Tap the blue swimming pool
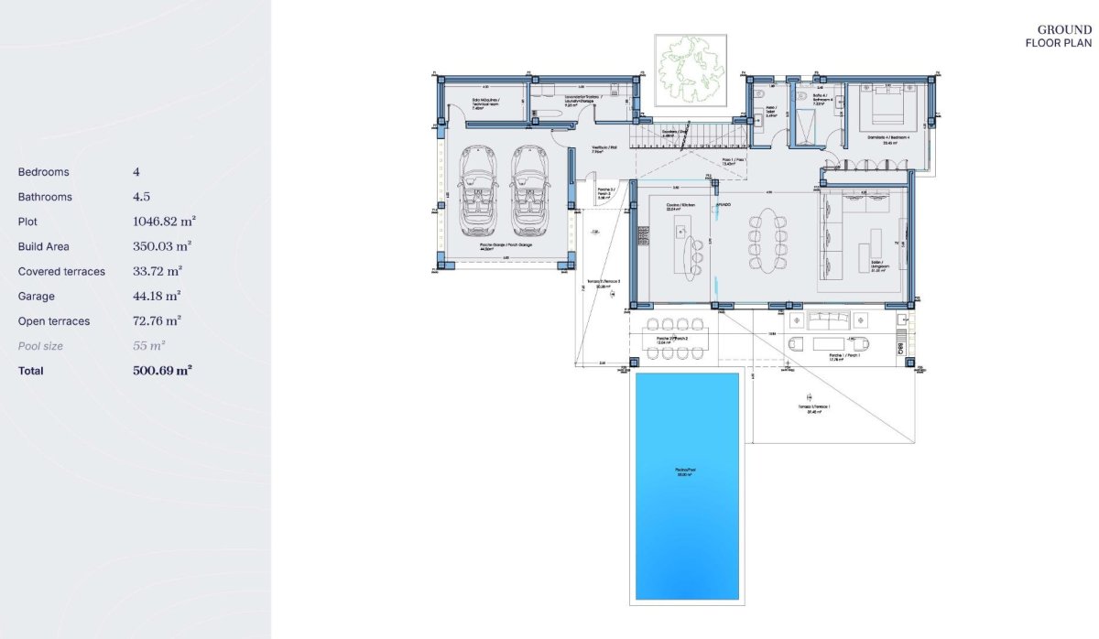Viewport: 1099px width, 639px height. [x=687, y=485]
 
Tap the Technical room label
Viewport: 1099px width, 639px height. [x=485, y=103]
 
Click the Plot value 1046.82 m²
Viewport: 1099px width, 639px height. [x=164, y=222]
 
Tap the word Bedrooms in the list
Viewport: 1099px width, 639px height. [x=43, y=172]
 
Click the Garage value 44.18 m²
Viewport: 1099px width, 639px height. [x=156, y=296]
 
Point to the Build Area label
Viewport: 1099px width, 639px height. [x=43, y=246]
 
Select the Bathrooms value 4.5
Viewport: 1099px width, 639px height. [x=141, y=197]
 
